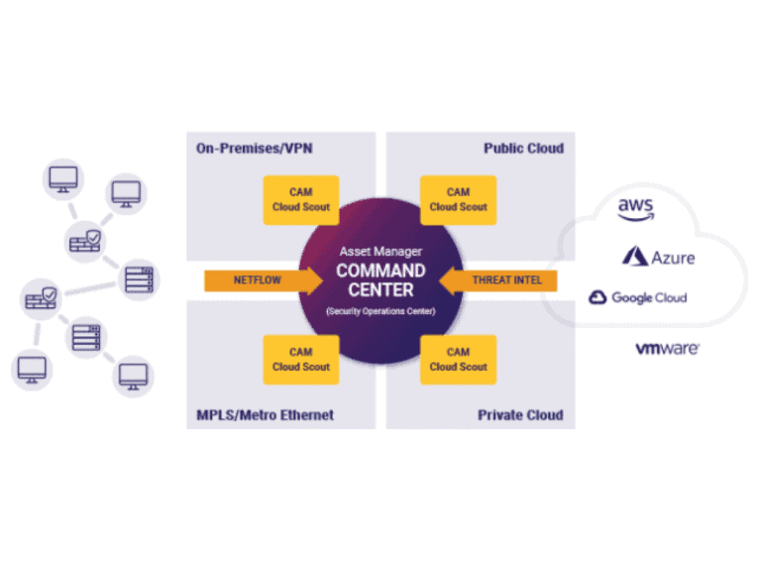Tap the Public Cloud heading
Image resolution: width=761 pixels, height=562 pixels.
pos(523,148)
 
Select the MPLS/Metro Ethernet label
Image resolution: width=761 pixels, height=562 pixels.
pos(259,414)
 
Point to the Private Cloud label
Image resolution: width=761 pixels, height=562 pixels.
pos(520,414)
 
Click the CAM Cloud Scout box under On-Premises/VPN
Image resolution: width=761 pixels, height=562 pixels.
pos(301,199)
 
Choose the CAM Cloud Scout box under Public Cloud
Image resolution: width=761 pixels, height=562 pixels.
pos(458,199)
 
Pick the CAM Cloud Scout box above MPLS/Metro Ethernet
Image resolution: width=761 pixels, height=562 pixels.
pos(301,359)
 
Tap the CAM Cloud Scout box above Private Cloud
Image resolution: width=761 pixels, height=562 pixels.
pos(458,359)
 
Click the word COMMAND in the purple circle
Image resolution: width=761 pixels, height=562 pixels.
pos(380,271)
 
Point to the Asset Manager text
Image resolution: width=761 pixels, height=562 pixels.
pos(380,252)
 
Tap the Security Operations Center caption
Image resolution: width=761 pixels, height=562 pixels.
pos(380,311)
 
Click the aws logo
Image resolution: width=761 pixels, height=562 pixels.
pos(636,208)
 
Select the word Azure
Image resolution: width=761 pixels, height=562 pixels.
pos(673,258)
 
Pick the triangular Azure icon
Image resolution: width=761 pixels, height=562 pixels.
pos(634,257)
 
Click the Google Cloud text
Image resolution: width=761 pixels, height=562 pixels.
pos(649,297)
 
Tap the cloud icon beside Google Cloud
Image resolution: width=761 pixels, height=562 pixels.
pos(598,297)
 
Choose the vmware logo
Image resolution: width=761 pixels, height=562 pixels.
pos(667,349)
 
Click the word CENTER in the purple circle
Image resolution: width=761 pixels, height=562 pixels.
pos(380,290)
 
